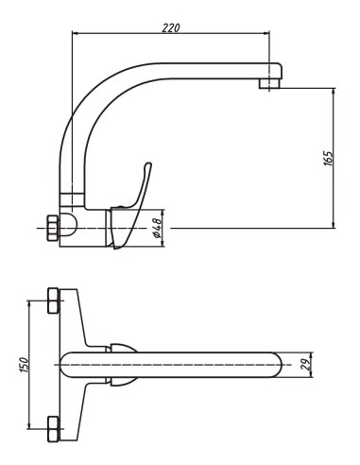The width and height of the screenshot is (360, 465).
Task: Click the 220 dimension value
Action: coord(171,27)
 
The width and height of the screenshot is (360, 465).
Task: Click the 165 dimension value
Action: coord(328,159)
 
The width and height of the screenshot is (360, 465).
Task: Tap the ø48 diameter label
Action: coord(157,228)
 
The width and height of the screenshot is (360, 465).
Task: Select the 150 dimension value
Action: coord(25,365)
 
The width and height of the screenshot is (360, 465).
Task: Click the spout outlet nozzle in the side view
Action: coord(269,84)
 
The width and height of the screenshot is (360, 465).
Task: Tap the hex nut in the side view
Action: coord(53,228)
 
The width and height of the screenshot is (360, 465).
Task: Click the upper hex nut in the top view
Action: coord(53,301)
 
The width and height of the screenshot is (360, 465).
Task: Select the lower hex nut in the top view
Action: coord(53,429)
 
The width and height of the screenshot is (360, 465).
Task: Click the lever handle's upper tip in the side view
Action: coord(148,164)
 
